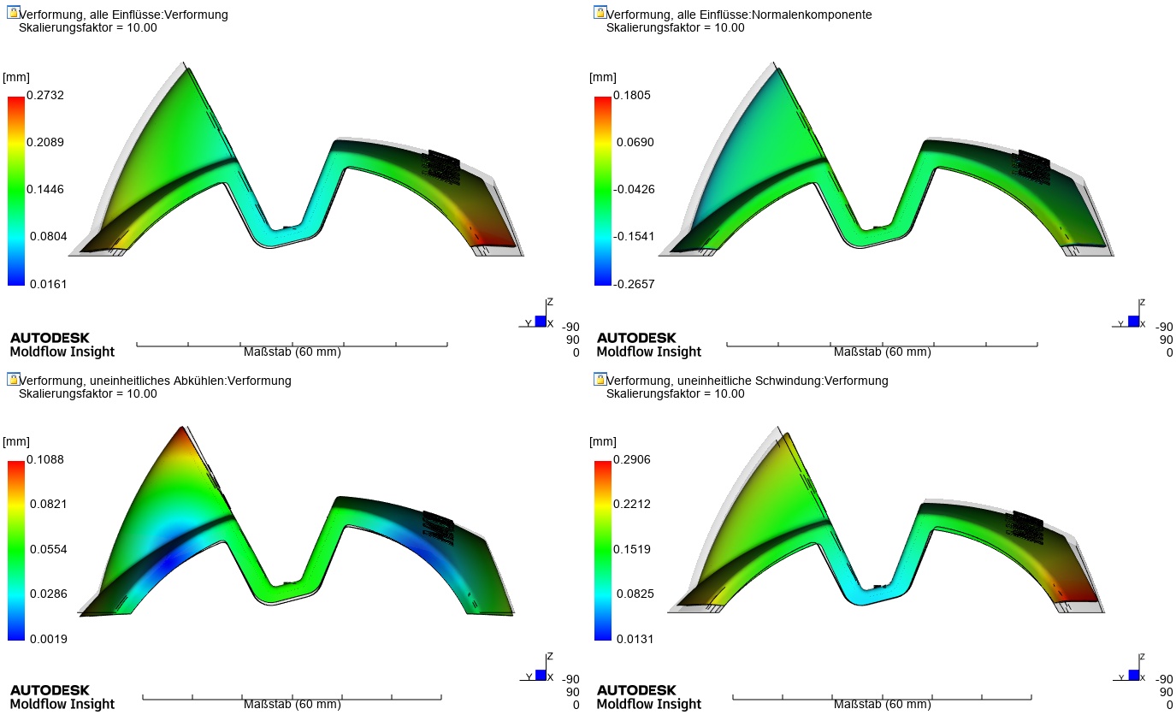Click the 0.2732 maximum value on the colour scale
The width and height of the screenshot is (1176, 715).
pos(45,95)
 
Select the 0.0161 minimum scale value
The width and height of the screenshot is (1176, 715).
pos(48,284)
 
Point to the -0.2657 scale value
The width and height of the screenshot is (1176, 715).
pos(634,284)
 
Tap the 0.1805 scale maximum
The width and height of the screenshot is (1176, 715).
pos(631,95)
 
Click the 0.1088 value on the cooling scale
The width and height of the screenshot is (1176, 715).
pos(45,459)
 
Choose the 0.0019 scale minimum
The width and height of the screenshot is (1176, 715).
pos(48,639)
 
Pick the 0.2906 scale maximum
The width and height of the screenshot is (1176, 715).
pos(631,459)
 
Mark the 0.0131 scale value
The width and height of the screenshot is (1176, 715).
pos(635,639)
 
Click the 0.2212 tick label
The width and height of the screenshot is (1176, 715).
pos(631,504)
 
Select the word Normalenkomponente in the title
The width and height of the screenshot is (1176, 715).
pos(812,15)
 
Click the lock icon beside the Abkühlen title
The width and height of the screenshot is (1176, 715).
pos(13,379)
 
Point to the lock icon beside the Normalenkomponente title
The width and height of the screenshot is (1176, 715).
pos(600,12)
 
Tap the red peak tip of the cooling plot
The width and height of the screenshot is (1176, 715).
pos(182,432)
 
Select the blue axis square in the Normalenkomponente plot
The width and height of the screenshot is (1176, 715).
pos(1133,321)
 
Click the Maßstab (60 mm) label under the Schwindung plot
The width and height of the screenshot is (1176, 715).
pos(882,704)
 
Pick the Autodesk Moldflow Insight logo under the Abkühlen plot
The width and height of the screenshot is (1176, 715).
pos(62,697)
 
